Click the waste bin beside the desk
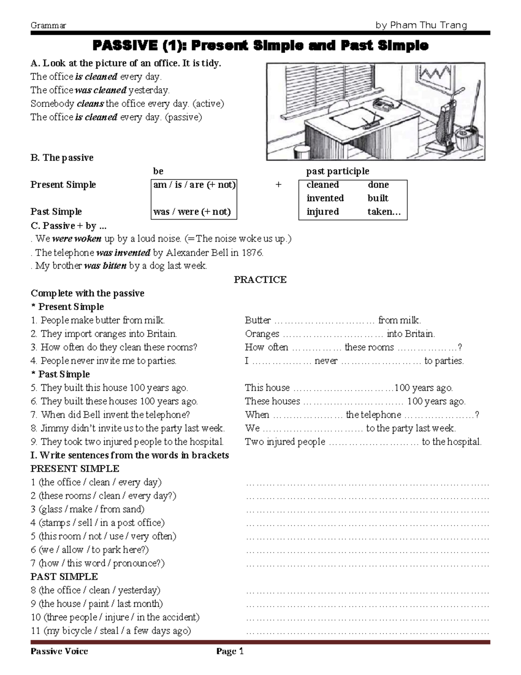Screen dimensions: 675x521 [x=301, y=152]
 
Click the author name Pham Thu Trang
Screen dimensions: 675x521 [x=421, y=25]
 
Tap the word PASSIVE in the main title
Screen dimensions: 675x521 [x=125, y=45]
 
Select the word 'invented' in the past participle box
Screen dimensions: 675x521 [x=325, y=198]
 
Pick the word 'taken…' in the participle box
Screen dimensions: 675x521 [x=384, y=212]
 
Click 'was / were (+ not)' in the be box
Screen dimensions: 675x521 [x=192, y=212]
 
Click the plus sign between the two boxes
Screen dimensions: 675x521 [x=278, y=185]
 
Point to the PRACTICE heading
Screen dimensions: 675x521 [x=260, y=279]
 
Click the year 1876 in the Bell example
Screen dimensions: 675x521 [x=252, y=253]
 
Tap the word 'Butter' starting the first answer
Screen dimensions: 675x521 [x=257, y=320]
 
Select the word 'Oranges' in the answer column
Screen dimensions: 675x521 [x=262, y=334]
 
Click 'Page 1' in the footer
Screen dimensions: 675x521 [x=230, y=651]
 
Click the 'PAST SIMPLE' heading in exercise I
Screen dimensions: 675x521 [x=64, y=577]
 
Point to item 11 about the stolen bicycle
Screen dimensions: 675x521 [x=111, y=631]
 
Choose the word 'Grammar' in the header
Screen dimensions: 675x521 [x=48, y=25]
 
